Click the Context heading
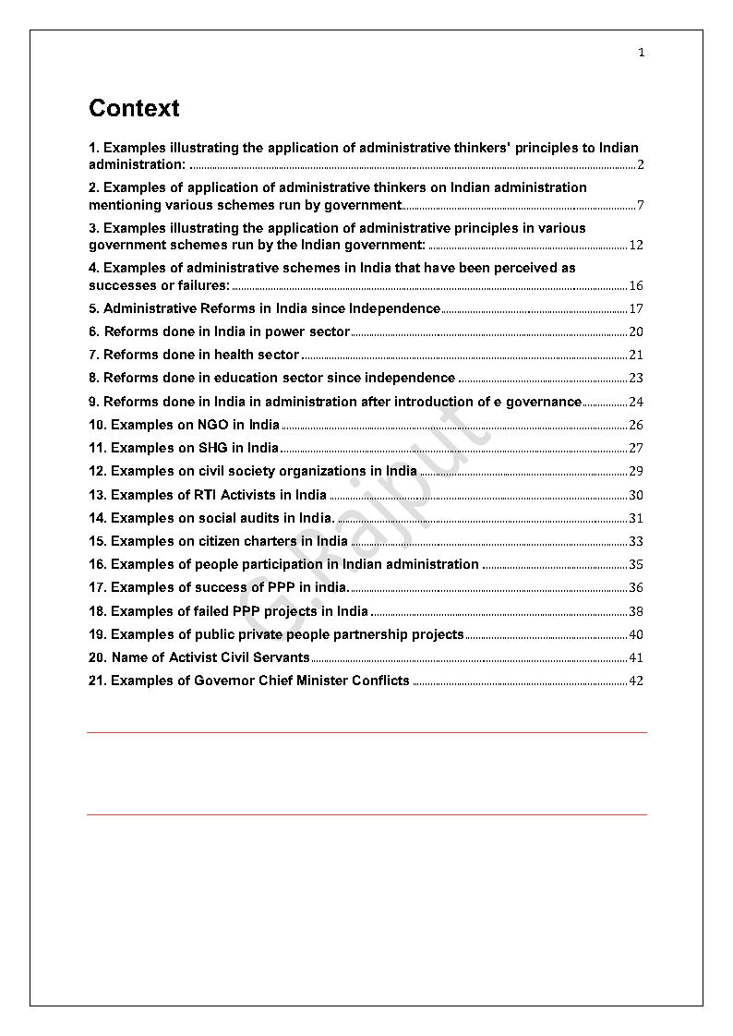click(134, 108)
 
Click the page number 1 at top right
click(642, 53)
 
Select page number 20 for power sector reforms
click(635, 332)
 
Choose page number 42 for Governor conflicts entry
click(635, 681)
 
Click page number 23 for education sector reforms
click(635, 379)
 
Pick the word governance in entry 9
click(542, 402)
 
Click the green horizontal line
click(366, 732)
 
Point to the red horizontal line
click(366, 815)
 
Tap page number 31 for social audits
click(635, 519)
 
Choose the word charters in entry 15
click(270, 541)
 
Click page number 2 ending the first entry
click(640, 166)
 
